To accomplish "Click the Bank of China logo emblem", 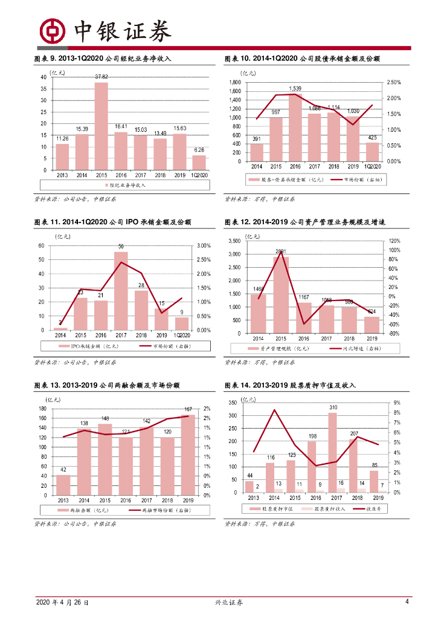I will tap(53, 30).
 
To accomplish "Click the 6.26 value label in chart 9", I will tap(199, 150).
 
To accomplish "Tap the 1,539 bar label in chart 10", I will tap(295, 88).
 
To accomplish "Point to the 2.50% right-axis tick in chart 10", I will tap(393, 82).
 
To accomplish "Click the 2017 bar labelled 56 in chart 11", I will tap(121, 291).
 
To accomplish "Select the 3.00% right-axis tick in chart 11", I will tap(203, 245).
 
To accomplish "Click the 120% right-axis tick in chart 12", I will tap(394, 241).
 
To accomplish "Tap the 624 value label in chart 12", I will tap(372, 312).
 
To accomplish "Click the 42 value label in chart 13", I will tap(63, 470).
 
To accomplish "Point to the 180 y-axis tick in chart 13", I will tap(42, 409).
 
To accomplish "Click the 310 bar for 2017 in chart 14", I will tap(333, 453).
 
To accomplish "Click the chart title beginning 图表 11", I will tap(112, 222).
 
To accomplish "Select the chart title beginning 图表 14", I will tap(290, 385).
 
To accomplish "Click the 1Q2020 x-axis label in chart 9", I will tap(199, 175).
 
